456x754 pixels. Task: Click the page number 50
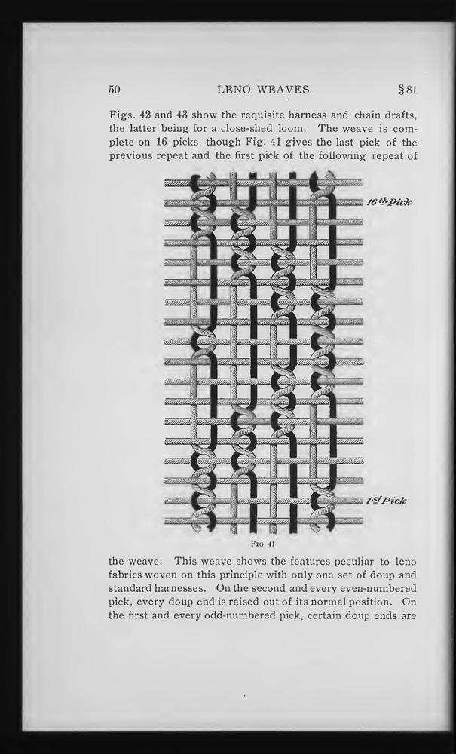tap(115, 90)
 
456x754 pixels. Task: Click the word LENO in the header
tap(235, 90)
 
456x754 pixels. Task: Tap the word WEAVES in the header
tap(283, 90)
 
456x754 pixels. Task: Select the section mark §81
tap(407, 90)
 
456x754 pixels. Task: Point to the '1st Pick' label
tap(387, 501)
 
